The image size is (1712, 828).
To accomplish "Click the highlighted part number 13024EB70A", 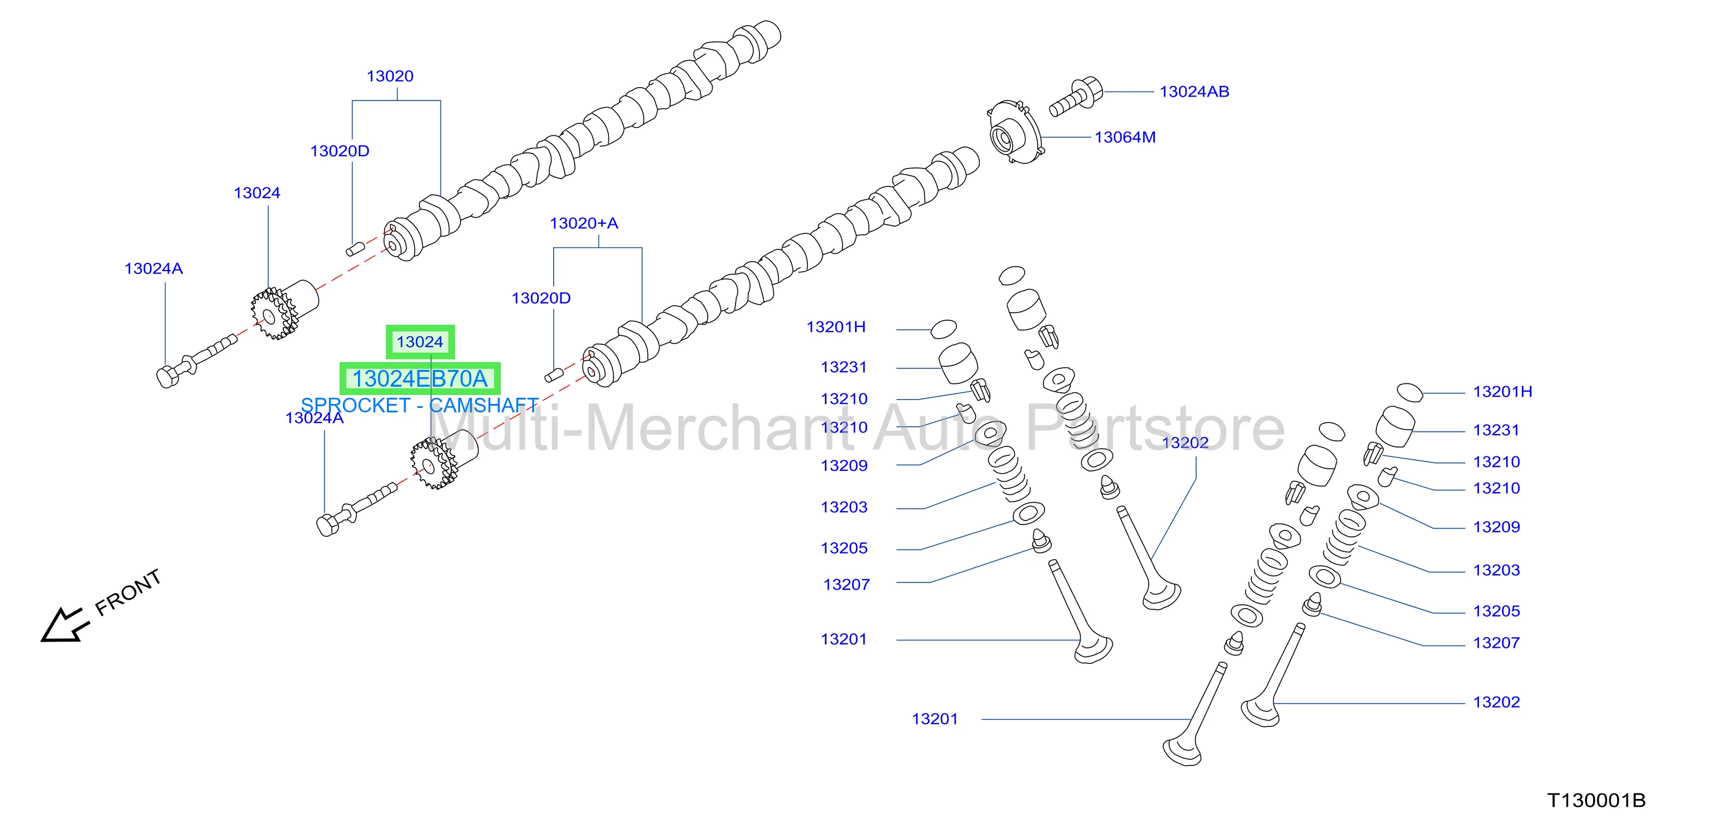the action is coord(420,378).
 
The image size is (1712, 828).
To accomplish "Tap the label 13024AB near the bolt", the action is coord(1194,92).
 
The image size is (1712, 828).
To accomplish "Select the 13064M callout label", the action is coord(1125,137).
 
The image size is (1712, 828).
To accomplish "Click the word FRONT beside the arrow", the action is coord(128,592).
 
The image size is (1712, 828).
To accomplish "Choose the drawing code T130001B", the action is coord(1597,800).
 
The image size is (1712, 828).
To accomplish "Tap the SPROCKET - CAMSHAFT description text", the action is coord(419,405).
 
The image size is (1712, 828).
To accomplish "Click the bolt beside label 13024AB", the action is coord(1075,98).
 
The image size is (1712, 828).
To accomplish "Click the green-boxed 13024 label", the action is coord(420,342).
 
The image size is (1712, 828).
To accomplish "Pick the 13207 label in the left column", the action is coord(846,585).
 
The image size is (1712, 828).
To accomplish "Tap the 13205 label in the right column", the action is coord(1497,611).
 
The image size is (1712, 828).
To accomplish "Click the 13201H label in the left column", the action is coord(836,327).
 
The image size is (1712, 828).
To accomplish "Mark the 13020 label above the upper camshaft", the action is coord(390,76).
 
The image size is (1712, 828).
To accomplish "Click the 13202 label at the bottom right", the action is coord(1497,702).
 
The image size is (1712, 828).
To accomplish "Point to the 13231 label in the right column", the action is coord(1497,430).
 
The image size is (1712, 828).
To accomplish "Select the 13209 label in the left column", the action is coord(844,465).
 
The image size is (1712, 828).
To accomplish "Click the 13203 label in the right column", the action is coord(1497,570).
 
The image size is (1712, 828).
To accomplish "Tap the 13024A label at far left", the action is coord(153,269).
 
